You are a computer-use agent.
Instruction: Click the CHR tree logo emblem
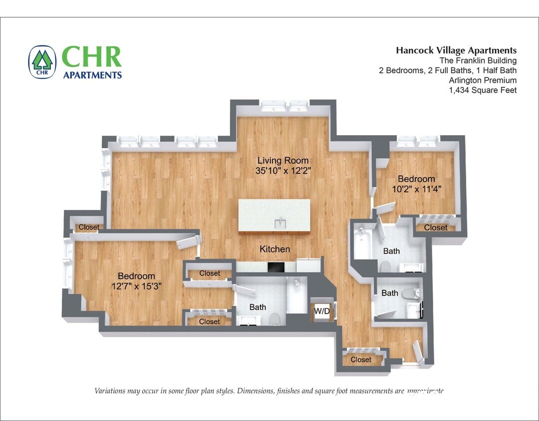point(42,62)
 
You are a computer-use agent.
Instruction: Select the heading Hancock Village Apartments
point(456,50)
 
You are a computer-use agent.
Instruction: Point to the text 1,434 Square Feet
point(483,90)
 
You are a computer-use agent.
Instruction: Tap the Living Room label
point(282,161)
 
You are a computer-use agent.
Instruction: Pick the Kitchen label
point(274,249)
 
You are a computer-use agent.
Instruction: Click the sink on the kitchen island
point(281,222)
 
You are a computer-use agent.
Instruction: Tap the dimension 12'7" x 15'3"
point(136,286)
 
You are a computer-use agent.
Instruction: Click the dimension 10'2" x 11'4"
point(416,189)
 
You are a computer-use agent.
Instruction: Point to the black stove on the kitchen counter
point(275,267)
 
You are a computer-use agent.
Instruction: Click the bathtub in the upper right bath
point(362,242)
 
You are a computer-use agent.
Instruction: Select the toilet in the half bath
point(412,293)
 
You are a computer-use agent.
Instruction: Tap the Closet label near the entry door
point(361,360)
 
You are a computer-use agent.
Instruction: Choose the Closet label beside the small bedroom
point(436,227)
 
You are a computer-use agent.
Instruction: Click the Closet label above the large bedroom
point(89,227)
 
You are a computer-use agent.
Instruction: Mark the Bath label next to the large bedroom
point(258,307)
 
